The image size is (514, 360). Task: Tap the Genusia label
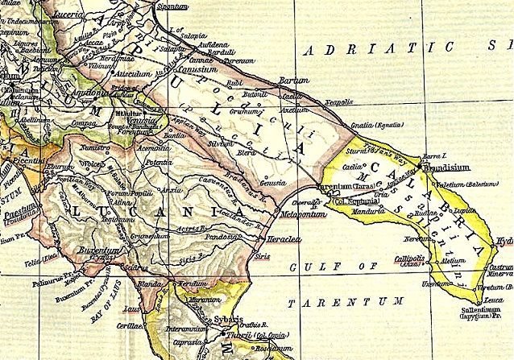click(272, 184)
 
